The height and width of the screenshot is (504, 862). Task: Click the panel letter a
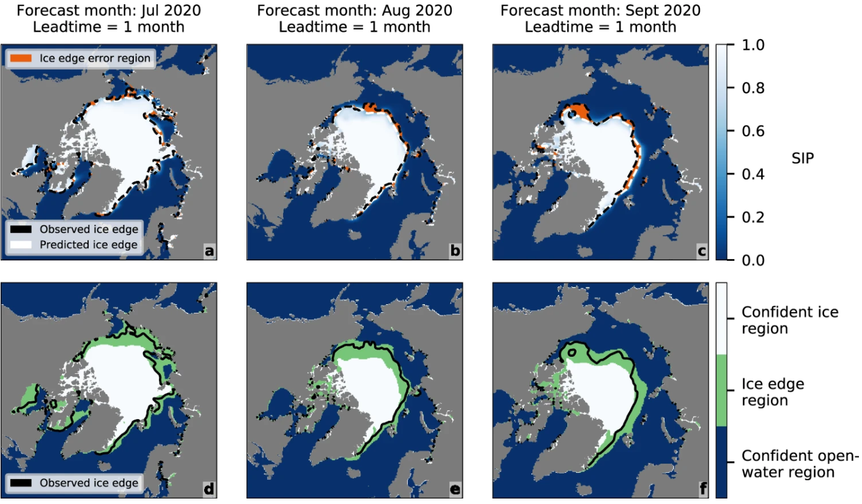209,250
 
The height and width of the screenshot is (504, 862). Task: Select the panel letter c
702,250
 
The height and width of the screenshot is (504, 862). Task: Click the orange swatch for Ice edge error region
21,59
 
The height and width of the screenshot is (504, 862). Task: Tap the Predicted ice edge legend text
89,245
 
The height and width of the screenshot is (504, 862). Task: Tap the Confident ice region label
790,320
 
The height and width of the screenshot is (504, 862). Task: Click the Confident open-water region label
800,464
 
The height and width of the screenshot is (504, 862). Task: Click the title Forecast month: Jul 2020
108,11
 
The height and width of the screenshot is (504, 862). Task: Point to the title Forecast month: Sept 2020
600,11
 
